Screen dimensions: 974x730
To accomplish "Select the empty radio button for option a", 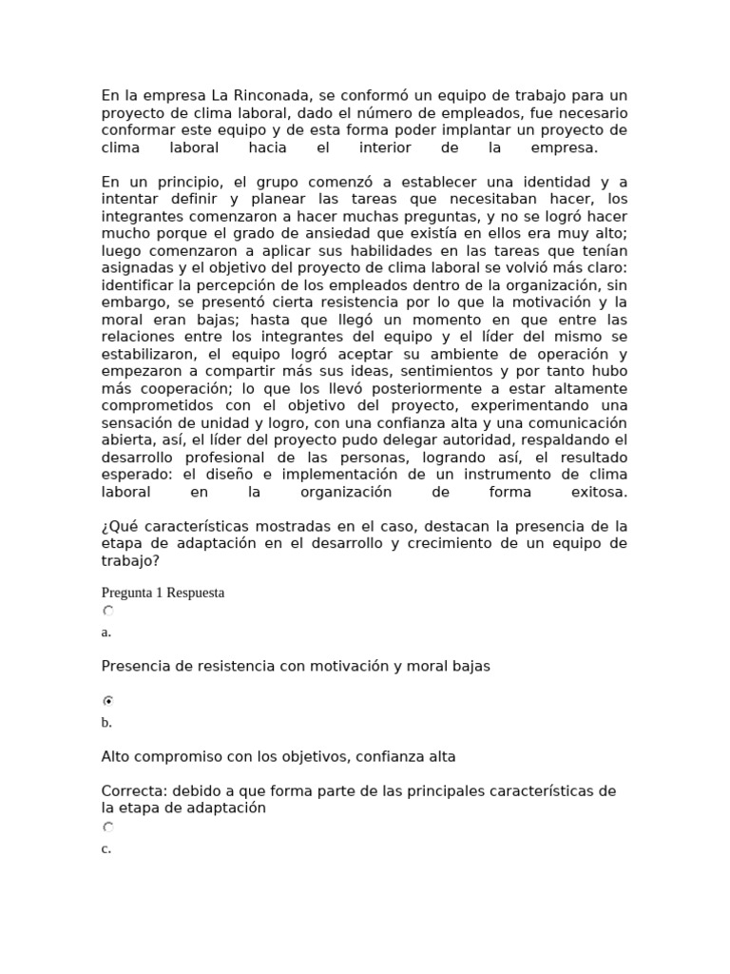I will pyautogui.click(x=108, y=612).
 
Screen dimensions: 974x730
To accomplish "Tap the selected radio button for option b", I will pyautogui.click(x=108, y=701).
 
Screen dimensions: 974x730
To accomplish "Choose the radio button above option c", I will pyautogui.click(x=108, y=828).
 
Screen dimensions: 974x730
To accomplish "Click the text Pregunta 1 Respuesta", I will pyautogui.click(x=163, y=593).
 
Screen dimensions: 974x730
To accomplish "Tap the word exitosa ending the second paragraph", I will pyautogui.click(x=599, y=492).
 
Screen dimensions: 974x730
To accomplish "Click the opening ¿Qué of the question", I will pyautogui.click(x=117, y=526).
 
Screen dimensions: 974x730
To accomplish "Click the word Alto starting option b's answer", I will pyautogui.click(x=116, y=757).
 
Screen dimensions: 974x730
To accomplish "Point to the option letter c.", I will pyautogui.click(x=106, y=849).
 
